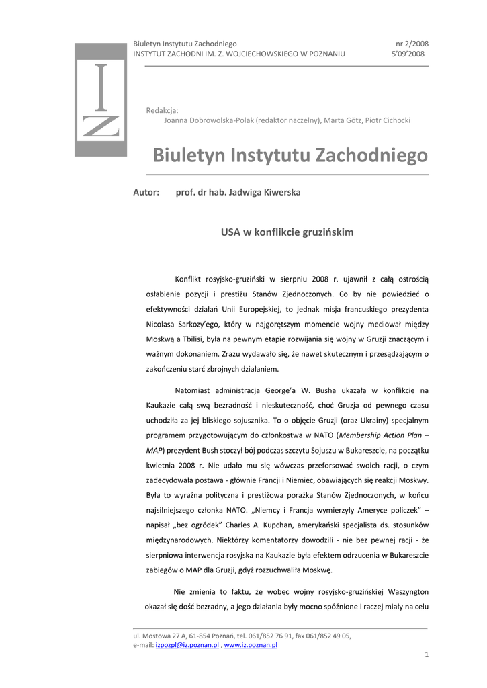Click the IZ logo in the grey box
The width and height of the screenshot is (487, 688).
[100, 100]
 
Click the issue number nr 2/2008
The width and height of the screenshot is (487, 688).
[412, 43]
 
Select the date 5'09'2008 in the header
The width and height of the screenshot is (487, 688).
[408, 54]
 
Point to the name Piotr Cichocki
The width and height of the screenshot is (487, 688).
[388, 120]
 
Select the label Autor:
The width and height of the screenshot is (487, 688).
[146, 193]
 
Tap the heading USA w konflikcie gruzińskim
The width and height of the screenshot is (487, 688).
[287, 232]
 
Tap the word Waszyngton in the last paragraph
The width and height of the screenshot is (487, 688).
[406, 592]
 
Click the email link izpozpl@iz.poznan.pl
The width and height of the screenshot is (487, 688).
[187, 645]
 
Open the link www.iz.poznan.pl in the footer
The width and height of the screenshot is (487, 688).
[251, 645]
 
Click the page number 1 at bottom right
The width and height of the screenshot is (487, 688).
[426, 655]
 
